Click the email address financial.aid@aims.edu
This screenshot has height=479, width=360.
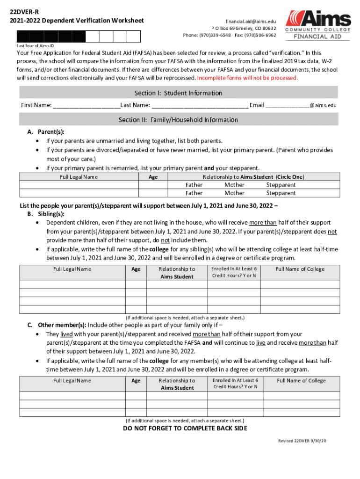[x=251, y=22]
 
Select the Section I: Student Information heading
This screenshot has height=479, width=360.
[x=178, y=93]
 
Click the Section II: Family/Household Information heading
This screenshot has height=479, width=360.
[x=178, y=120]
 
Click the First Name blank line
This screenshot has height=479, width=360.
[x=86, y=106]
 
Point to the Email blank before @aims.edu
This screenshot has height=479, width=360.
[x=287, y=106]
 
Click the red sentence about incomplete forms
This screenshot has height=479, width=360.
[x=247, y=78]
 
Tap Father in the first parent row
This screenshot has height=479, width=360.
[x=194, y=185]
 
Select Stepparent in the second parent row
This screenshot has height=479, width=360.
[x=281, y=193]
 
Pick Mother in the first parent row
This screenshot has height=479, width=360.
[x=234, y=185]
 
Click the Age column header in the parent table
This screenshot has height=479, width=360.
[x=152, y=177]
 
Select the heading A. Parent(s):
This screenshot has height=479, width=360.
[x=45, y=132]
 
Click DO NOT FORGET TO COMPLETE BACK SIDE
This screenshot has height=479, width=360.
[x=185, y=428]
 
